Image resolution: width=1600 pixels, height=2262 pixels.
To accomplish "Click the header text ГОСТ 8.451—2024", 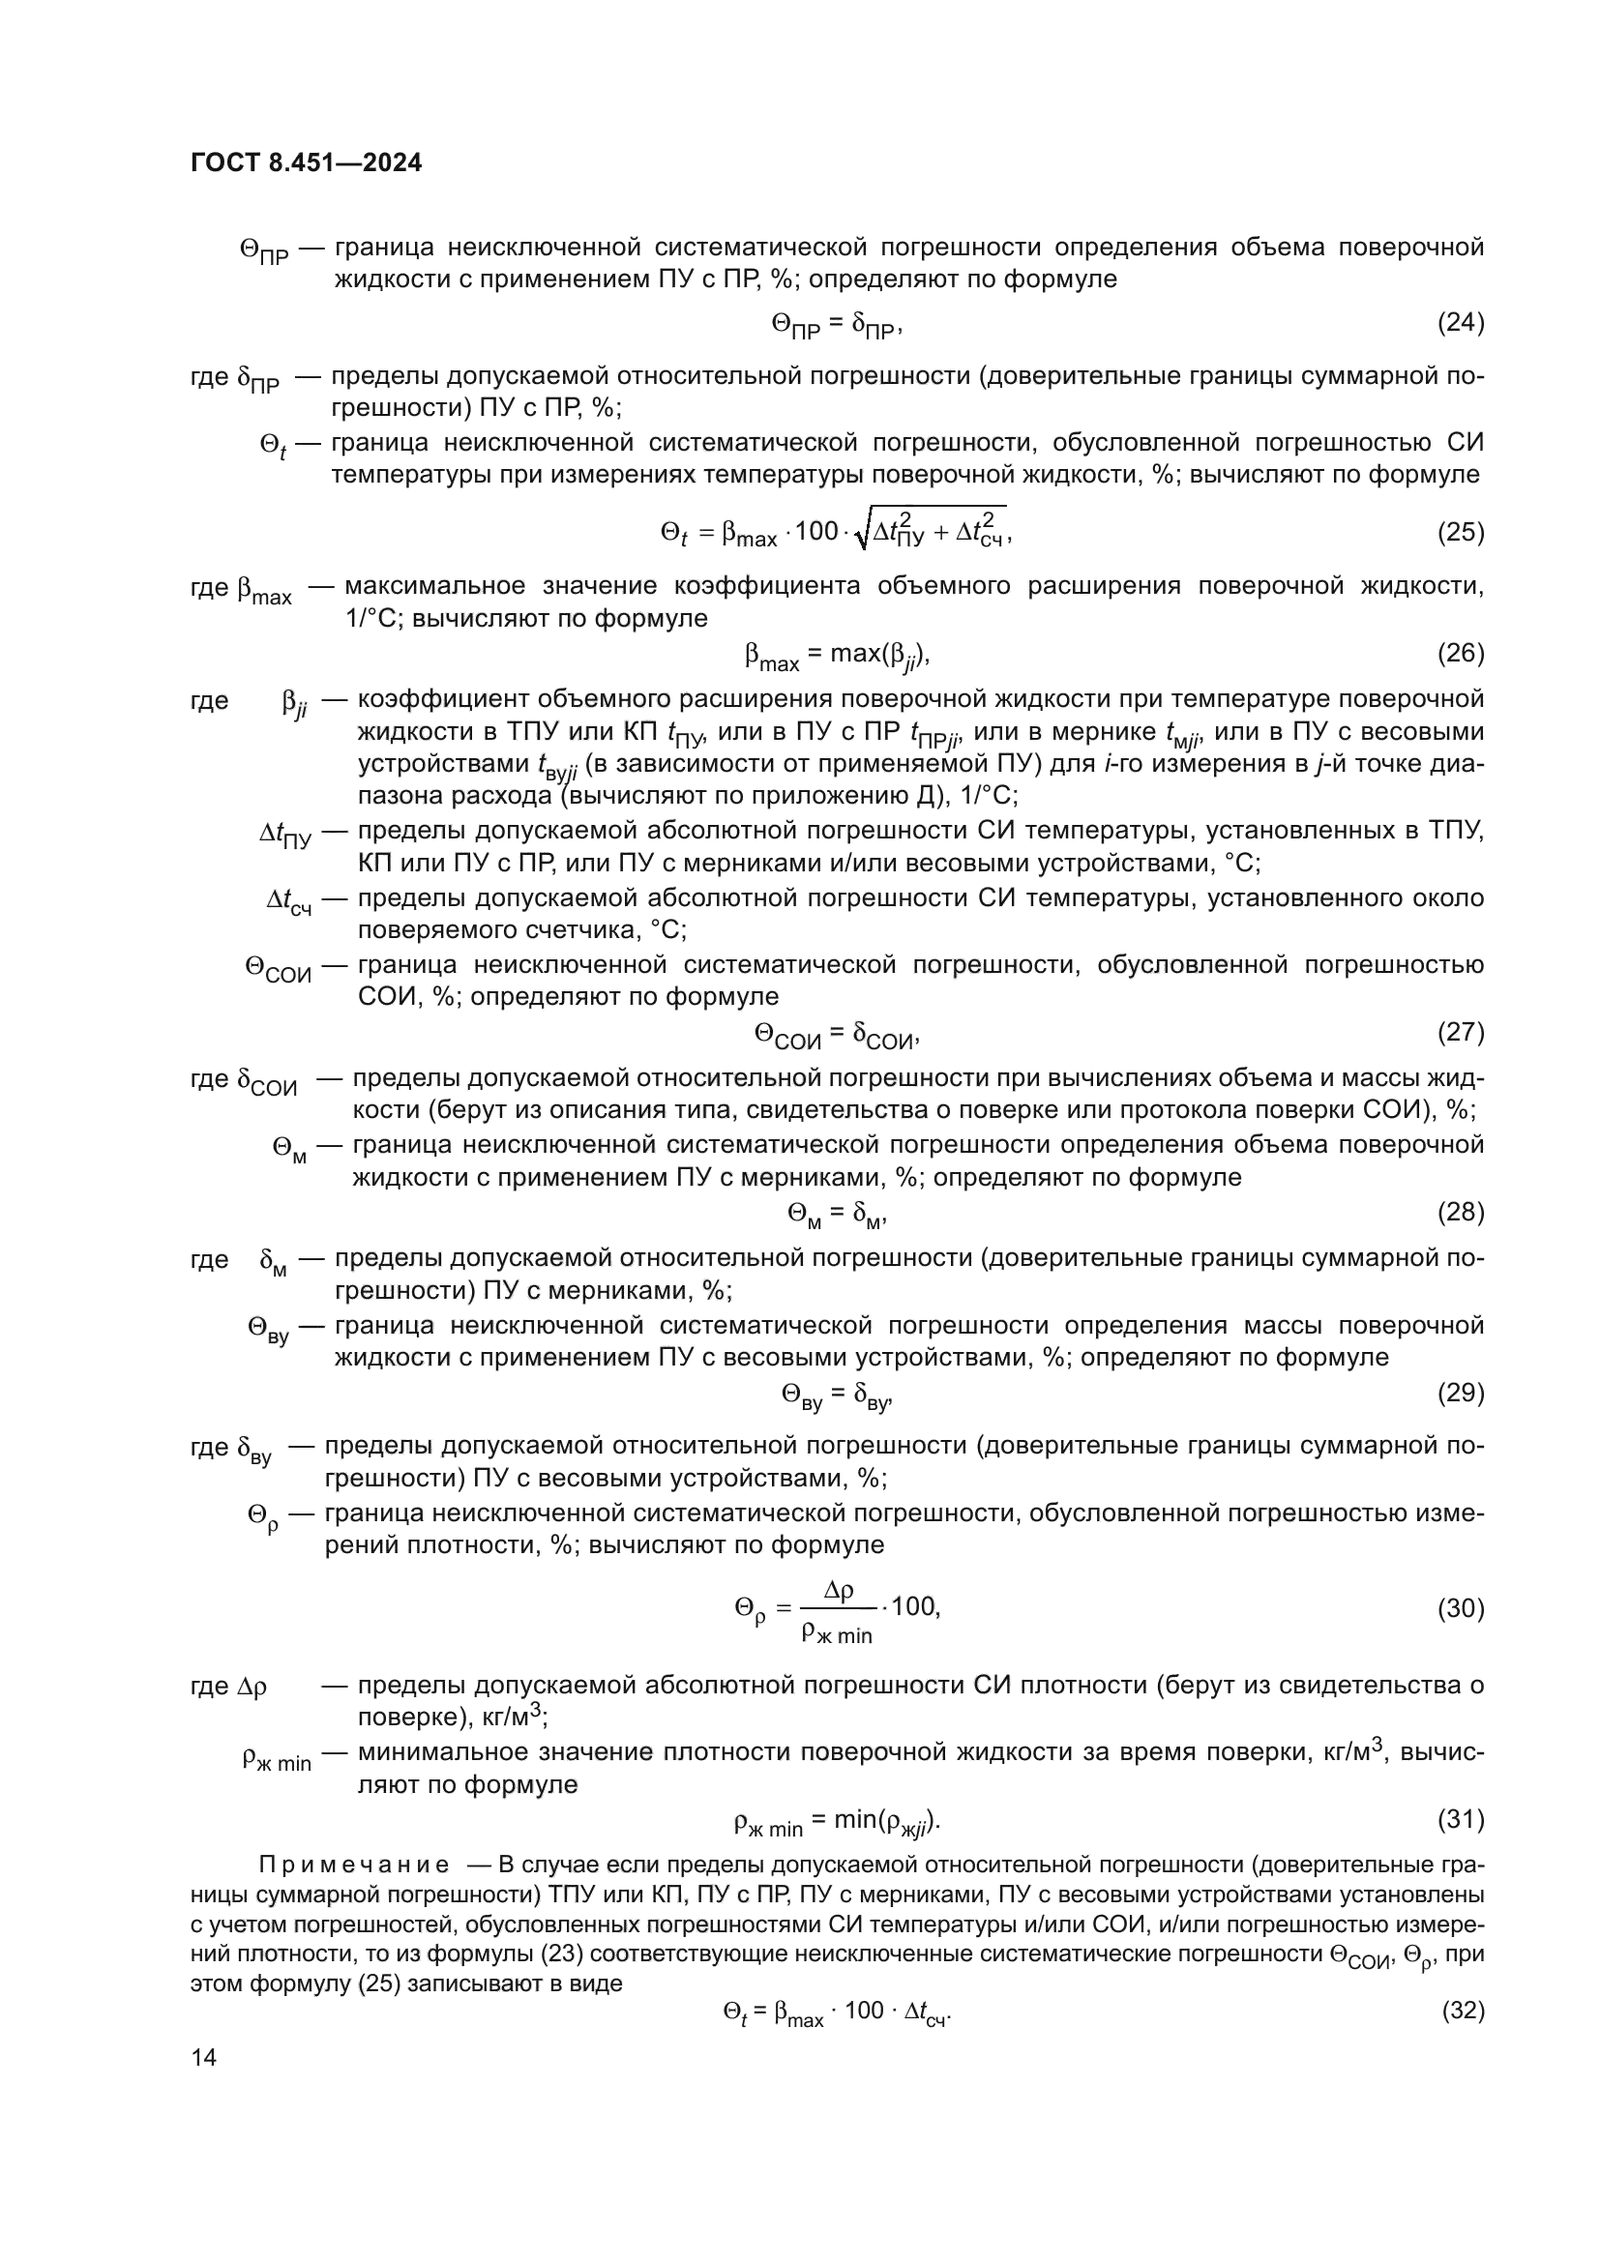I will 306,162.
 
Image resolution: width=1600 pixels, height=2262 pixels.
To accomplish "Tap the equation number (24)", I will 1460,322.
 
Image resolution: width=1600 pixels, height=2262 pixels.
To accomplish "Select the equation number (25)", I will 1460,532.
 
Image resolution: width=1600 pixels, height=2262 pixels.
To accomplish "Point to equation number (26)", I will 1460,652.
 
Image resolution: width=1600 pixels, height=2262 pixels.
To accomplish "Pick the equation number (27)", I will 1460,1032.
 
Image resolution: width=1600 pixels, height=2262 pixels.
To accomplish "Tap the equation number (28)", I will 1460,1212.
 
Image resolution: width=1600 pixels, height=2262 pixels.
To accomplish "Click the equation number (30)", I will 1460,1608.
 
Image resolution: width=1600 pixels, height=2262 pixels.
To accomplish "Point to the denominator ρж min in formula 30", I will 837,1632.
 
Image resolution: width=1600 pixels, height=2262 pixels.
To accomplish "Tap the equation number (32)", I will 1462,2010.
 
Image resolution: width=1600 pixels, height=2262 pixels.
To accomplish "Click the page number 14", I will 204,2057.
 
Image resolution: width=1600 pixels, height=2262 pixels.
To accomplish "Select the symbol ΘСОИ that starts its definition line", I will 278,967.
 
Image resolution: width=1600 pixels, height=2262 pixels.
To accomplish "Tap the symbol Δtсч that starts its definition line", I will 288,901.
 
